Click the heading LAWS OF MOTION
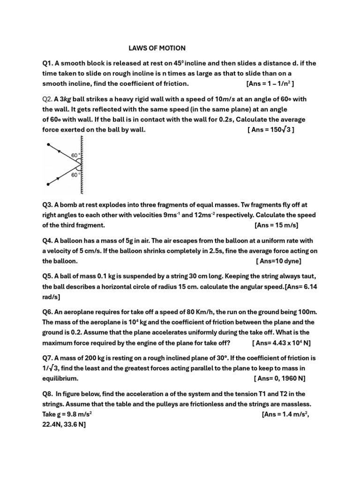157,48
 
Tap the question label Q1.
48,63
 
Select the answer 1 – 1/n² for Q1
277,84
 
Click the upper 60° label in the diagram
75,155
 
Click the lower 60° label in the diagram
75,175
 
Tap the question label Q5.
48,277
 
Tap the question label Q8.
48,394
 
